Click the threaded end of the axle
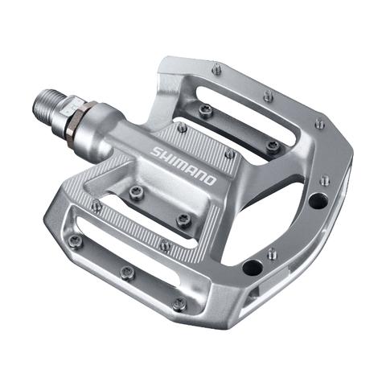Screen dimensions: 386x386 point(47,103)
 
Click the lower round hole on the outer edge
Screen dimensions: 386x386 point(253,267)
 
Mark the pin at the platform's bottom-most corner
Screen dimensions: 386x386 point(179,304)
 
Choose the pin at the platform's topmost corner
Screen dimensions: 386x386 point(216,70)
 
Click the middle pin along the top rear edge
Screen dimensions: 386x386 point(268,96)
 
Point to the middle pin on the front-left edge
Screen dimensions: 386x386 point(126,272)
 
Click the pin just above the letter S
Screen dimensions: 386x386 point(182,127)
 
